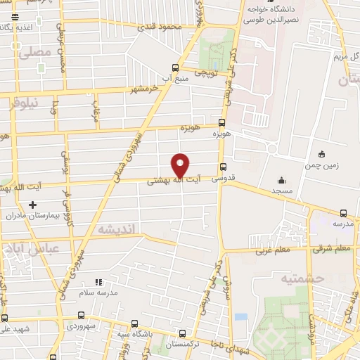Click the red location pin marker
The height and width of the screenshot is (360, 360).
point(181,165)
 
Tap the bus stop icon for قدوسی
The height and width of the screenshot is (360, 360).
point(223,167)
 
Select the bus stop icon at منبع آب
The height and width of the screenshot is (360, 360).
point(175,68)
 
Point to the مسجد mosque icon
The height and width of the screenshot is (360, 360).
point(281,180)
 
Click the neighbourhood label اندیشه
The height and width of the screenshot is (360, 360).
point(116,229)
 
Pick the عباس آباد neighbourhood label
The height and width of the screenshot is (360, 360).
point(34,248)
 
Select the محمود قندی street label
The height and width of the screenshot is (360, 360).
point(160,27)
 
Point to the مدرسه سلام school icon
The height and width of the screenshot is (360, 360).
point(98,283)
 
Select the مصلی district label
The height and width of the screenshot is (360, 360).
point(36,52)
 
